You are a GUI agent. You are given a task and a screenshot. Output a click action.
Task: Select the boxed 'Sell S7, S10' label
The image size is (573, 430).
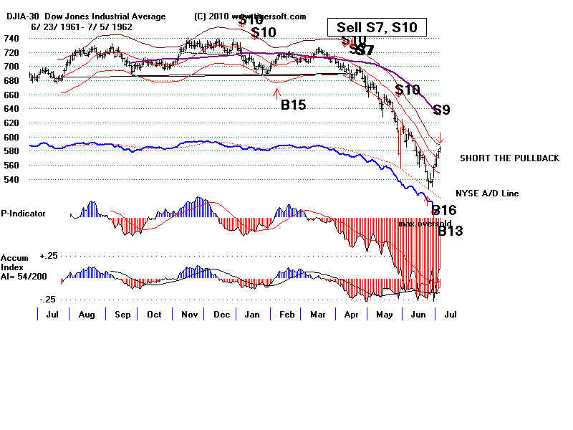pyautogui.click(x=377, y=28)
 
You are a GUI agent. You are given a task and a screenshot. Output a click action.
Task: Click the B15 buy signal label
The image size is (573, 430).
pyautogui.click(x=293, y=105)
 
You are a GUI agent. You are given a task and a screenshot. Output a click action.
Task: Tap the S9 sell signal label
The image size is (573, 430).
pyautogui.click(x=441, y=110)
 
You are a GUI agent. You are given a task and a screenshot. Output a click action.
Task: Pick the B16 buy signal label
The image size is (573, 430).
pyautogui.click(x=443, y=211)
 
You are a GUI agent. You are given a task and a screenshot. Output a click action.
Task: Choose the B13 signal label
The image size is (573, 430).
pyautogui.click(x=451, y=231)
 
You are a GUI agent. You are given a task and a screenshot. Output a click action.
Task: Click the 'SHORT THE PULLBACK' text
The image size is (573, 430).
pyautogui.click(x=509, y=158)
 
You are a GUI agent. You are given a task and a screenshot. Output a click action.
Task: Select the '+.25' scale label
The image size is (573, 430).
pyautogui.click(x=29, y=254)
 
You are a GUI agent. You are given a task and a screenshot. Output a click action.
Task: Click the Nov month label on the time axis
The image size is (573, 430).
pyautogui.click(x=189, y=315)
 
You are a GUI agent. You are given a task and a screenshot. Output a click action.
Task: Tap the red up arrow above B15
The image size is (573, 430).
pyautogui.click(x=276, y=90)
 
